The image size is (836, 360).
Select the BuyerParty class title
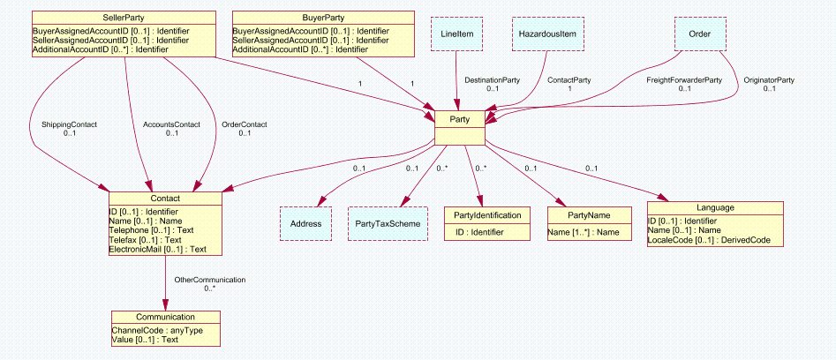coord(323,18)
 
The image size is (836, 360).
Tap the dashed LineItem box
coord(456,34)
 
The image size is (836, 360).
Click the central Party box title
coord(459,119)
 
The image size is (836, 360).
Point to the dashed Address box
coord(305,224)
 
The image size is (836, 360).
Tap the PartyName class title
coord(590,214)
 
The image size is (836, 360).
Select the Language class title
coord(714,208)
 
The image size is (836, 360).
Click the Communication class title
coord(165,317)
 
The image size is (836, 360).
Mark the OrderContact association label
coord(244,124)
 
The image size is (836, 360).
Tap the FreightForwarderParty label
coord(684,80)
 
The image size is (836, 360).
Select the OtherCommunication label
coord(209,280)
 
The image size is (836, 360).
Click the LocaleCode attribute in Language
coord(714,239)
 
